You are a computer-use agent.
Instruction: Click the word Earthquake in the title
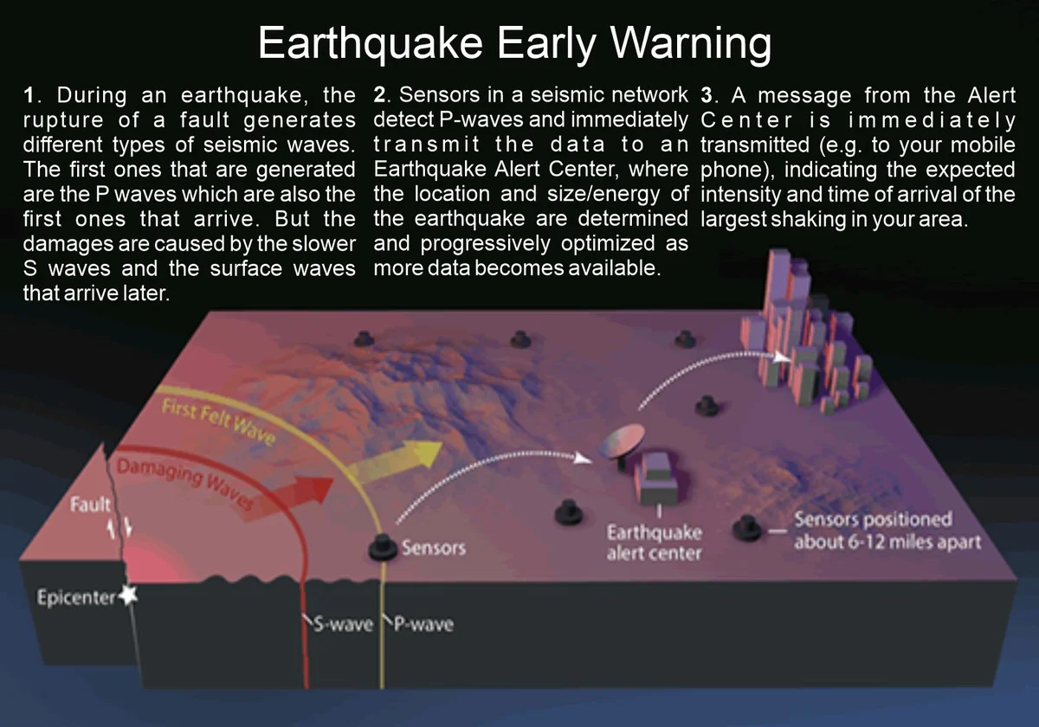pos(371,43)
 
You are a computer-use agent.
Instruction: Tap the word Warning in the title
pos(691,43)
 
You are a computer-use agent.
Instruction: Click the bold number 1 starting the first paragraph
pos(29,95)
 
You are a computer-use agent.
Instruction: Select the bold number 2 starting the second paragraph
pos(379,95)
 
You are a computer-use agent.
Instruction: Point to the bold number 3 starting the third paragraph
pos(707,95)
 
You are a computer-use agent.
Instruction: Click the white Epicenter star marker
pos(128,595)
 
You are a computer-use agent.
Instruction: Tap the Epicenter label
pos(76,598)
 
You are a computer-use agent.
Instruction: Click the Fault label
pos(90,504)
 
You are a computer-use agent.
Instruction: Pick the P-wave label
pos(423,624)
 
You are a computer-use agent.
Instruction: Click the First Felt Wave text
pos(218,422)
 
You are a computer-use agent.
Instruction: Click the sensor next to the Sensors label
pos(383,548)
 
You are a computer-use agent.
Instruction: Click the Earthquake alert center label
pos(654,543)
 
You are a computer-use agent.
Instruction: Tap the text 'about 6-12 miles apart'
pos(887,542)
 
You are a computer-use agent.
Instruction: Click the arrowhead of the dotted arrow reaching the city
pos(783,357)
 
